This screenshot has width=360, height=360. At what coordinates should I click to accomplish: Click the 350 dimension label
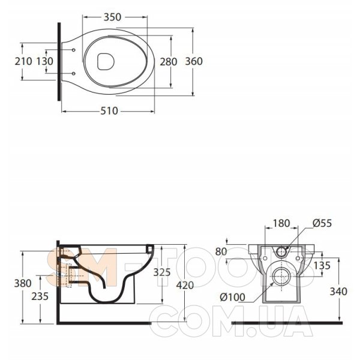point(112,17)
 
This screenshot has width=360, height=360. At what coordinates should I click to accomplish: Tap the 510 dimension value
point(109,111)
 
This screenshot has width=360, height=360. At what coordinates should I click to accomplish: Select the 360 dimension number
point(194,61)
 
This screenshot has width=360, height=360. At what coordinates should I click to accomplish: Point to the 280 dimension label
point(169,62)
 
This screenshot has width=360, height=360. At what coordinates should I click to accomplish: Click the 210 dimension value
point(23,61)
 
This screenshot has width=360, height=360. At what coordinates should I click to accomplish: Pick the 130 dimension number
point(45,61)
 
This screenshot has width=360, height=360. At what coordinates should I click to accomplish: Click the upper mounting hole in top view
point(73,50)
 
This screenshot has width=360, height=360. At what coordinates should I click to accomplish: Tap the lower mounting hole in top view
point(73,73)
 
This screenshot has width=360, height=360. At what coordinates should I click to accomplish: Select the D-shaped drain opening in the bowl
point(106,62)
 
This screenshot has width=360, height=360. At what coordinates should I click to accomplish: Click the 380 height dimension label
point(23,283)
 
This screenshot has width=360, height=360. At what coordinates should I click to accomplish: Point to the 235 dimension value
point(40,296)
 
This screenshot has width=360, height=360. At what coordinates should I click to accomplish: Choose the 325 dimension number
point(162,272)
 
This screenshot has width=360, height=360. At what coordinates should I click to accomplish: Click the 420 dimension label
point(185,286)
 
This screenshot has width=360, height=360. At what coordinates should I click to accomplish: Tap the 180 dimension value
point(281,223)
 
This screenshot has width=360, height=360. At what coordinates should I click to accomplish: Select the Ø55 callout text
point(322,223)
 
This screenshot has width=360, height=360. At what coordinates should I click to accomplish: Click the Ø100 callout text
point(233,298)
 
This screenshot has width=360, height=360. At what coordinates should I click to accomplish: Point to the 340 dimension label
point(338,292)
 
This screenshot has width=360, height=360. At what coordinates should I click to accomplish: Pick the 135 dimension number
point(322,266)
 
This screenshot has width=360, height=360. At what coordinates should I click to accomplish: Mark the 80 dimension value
point(221,252)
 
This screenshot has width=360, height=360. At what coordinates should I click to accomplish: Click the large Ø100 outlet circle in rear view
point(281,277)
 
